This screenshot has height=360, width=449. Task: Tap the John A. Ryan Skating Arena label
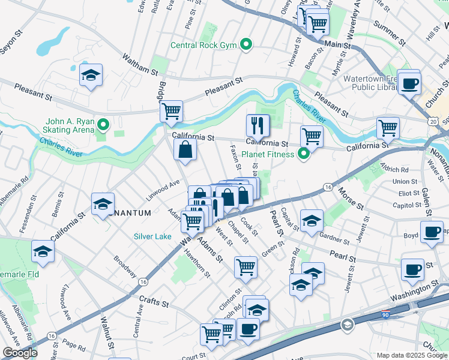[68, 125]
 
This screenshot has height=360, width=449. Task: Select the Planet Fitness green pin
[303, 154]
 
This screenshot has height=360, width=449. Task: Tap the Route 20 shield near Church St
[432, 121]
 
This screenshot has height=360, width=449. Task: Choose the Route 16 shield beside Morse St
[327, 187]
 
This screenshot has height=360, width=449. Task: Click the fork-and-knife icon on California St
[258, 125]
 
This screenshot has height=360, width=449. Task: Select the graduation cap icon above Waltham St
[91, 75]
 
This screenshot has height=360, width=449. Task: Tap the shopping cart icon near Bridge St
[172, 111]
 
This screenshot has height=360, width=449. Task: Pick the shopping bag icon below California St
[185, 149]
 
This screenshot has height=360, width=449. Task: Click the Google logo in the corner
[20, 353]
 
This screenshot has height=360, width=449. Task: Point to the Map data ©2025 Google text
[411, 355]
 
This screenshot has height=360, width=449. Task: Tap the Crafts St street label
[152, 302]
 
